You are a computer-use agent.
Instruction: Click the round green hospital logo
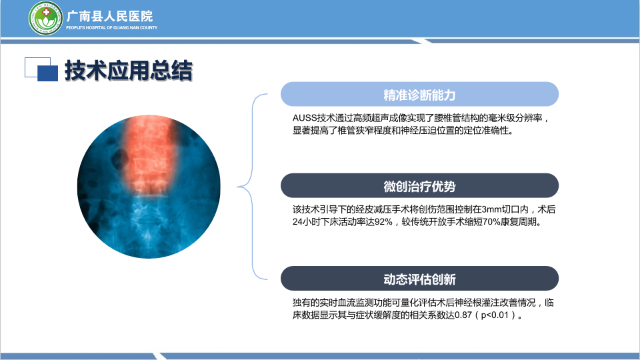(x=45, y=18)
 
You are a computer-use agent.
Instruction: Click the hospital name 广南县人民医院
(x=109, y=16)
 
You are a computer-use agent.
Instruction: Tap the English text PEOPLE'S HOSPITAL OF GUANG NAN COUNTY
(x=111, y=28)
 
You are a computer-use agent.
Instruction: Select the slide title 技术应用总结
(x=128, y=70)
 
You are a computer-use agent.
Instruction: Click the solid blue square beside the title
(x=48, y=73)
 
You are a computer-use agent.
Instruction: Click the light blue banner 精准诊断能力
(x=419, y=94)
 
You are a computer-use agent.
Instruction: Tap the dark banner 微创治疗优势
(x=419, y=186)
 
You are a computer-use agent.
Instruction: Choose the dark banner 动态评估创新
(x=419, y=279)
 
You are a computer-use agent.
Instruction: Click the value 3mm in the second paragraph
(x=491, y=209)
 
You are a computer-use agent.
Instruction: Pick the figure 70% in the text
(x=491, y=222)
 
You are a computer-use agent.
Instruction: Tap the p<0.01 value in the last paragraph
(x=495, y=315)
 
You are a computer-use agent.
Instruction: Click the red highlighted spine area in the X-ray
(x=150, y=154)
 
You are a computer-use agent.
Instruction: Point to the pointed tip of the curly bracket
(x=237, y=187)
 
